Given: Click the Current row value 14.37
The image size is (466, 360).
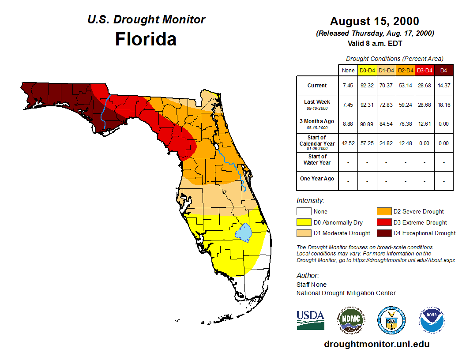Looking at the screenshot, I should [444, 86].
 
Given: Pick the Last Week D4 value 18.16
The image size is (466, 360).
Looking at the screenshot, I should [444, 105].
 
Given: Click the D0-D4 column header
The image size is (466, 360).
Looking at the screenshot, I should [367, 70].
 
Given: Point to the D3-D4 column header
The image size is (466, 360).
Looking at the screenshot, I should [425, 70].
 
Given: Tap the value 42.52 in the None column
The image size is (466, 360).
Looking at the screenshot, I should [348, 143].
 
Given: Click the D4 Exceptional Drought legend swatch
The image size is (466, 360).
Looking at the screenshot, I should [383, 233].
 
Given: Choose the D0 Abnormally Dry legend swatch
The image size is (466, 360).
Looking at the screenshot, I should [304, 222].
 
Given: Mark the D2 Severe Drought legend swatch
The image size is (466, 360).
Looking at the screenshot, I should [383, 211].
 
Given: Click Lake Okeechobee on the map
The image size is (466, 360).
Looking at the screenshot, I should [244, 232].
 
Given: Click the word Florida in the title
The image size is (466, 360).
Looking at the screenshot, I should [146, 39].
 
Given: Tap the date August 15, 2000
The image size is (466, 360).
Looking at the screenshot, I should [375, 21].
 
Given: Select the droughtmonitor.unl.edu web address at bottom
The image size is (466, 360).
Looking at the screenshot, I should [376, 344].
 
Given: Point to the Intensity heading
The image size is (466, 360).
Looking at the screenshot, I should [310, 201].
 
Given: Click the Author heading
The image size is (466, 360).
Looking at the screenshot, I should [307, 276].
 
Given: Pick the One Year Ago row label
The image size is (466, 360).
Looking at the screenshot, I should [317, 179].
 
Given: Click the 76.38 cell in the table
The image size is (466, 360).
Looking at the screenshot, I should [405, 124].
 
